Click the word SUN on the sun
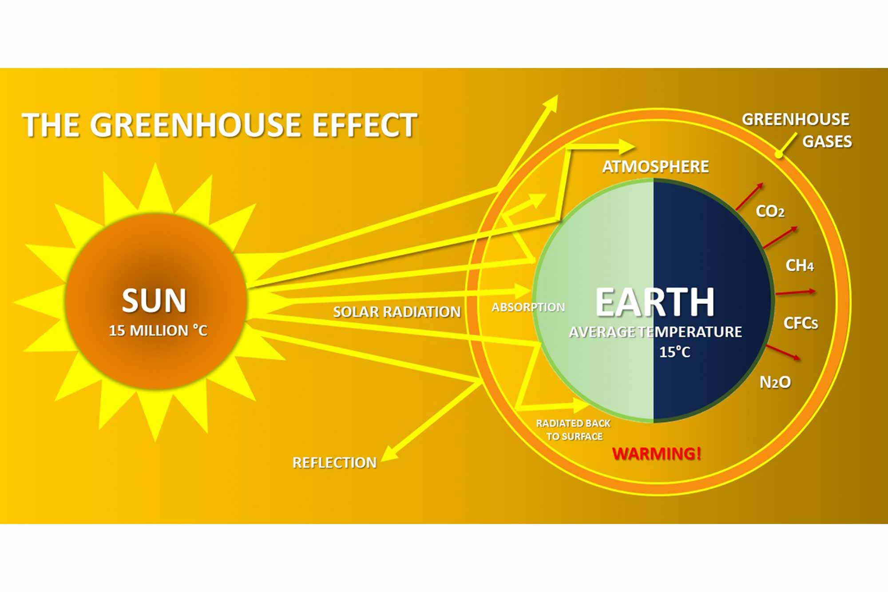[154, 301]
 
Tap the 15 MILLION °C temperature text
[158, 330]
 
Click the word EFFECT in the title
[365, 125]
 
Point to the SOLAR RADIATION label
[397, 312]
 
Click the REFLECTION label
[334, 463]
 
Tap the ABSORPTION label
[528, 307]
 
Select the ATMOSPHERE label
[655, 167]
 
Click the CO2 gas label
[770, 211]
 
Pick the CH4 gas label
[800, 266]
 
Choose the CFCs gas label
[801, 323]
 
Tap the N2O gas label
[775, 382]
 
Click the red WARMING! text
[656, 453]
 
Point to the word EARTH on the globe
[655, 302]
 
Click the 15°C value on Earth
[674, 352]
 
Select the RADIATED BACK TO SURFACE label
[574, 430]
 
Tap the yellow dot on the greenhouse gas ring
[778, 155]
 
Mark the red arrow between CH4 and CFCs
[796, 292]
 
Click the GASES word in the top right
[827, 142]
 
